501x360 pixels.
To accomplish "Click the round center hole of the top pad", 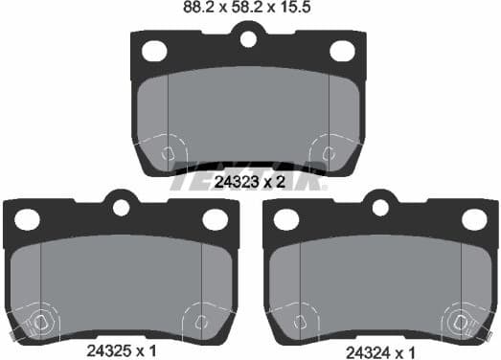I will pos(249,39).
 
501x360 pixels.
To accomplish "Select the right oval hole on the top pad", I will pos(342,51).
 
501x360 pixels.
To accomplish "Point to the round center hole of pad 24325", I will pos(121,206).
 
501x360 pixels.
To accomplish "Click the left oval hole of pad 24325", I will pos(28,219).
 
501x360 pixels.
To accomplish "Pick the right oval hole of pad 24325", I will pos(214,219).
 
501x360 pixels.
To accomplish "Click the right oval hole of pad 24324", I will pos(473,219).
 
